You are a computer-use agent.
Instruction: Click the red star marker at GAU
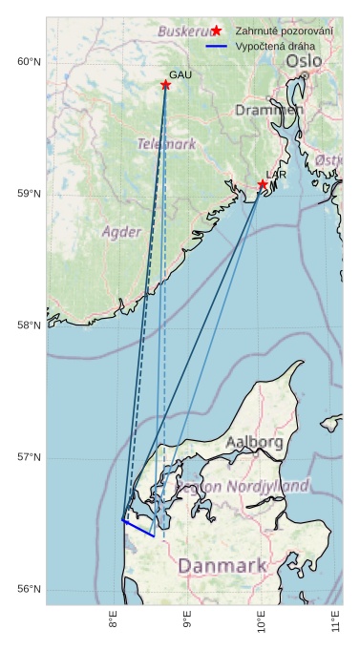click(x=165, y=85)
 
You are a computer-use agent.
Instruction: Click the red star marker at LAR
click(x=263, y=184)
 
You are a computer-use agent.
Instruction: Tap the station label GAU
click(x=180, y=74)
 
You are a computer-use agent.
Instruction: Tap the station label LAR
click(x=276, y=175)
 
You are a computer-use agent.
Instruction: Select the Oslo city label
click(x=304, y=61)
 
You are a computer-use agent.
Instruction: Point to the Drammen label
click(x=269, y=110)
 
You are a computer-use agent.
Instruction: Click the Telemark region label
click(x=166, y=144)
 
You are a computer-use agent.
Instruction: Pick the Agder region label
click(x=121, y=231)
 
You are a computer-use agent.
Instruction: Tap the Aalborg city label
click(x=254, y=442)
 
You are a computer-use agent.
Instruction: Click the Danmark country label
click(x=222, y=566)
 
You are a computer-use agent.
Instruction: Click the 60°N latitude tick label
click(x=29, y=62)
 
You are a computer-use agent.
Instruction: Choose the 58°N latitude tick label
click(x=29, y=325)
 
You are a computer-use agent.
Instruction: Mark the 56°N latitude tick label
click(x=29, y=589)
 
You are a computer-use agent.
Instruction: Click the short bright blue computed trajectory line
click(x=138, y=528)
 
